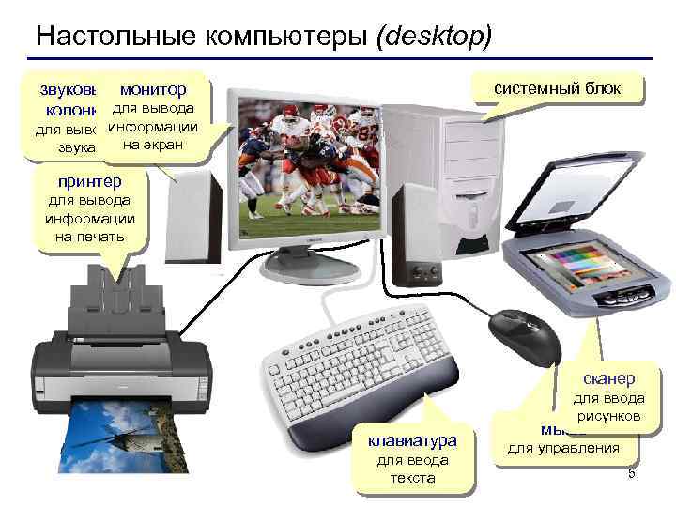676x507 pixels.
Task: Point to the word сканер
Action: (x=608, y=377)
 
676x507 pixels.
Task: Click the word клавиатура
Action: (x=412, y=439)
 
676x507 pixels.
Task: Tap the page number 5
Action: (x=631, y=472)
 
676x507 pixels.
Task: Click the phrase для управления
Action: (x=563, y=448)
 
